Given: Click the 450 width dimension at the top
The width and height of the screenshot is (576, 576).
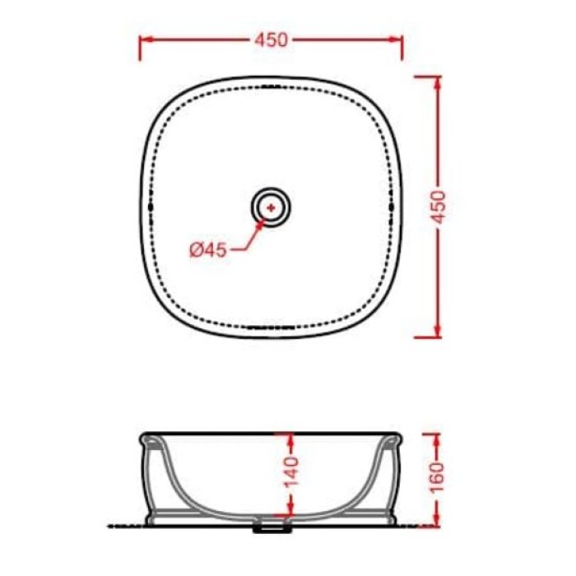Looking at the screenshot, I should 271,39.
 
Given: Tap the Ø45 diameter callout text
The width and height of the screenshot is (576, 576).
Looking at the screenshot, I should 207,249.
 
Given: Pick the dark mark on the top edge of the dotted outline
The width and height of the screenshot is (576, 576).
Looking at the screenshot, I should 271,86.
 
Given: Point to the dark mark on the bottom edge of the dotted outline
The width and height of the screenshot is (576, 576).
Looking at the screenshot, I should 271,326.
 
